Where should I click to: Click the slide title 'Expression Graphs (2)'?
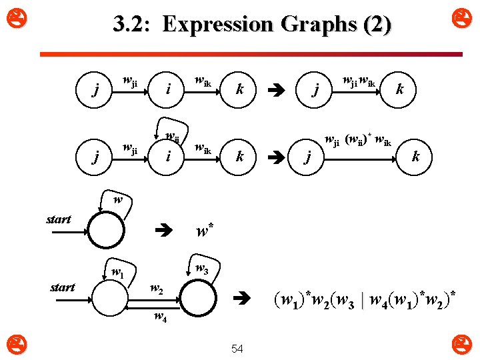coord(253,25)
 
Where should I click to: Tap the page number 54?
coord(237,349)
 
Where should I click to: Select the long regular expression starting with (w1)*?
coord(365,296)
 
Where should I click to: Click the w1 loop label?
coord(117,272)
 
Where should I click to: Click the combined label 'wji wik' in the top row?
coord(358,82)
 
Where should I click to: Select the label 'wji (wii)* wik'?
coord(357,140)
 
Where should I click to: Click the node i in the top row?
coord(169,89)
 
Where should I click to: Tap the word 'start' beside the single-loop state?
coord(59,219)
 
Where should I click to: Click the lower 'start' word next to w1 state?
coord(63,287)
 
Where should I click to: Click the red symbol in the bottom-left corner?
coord(13,345)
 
